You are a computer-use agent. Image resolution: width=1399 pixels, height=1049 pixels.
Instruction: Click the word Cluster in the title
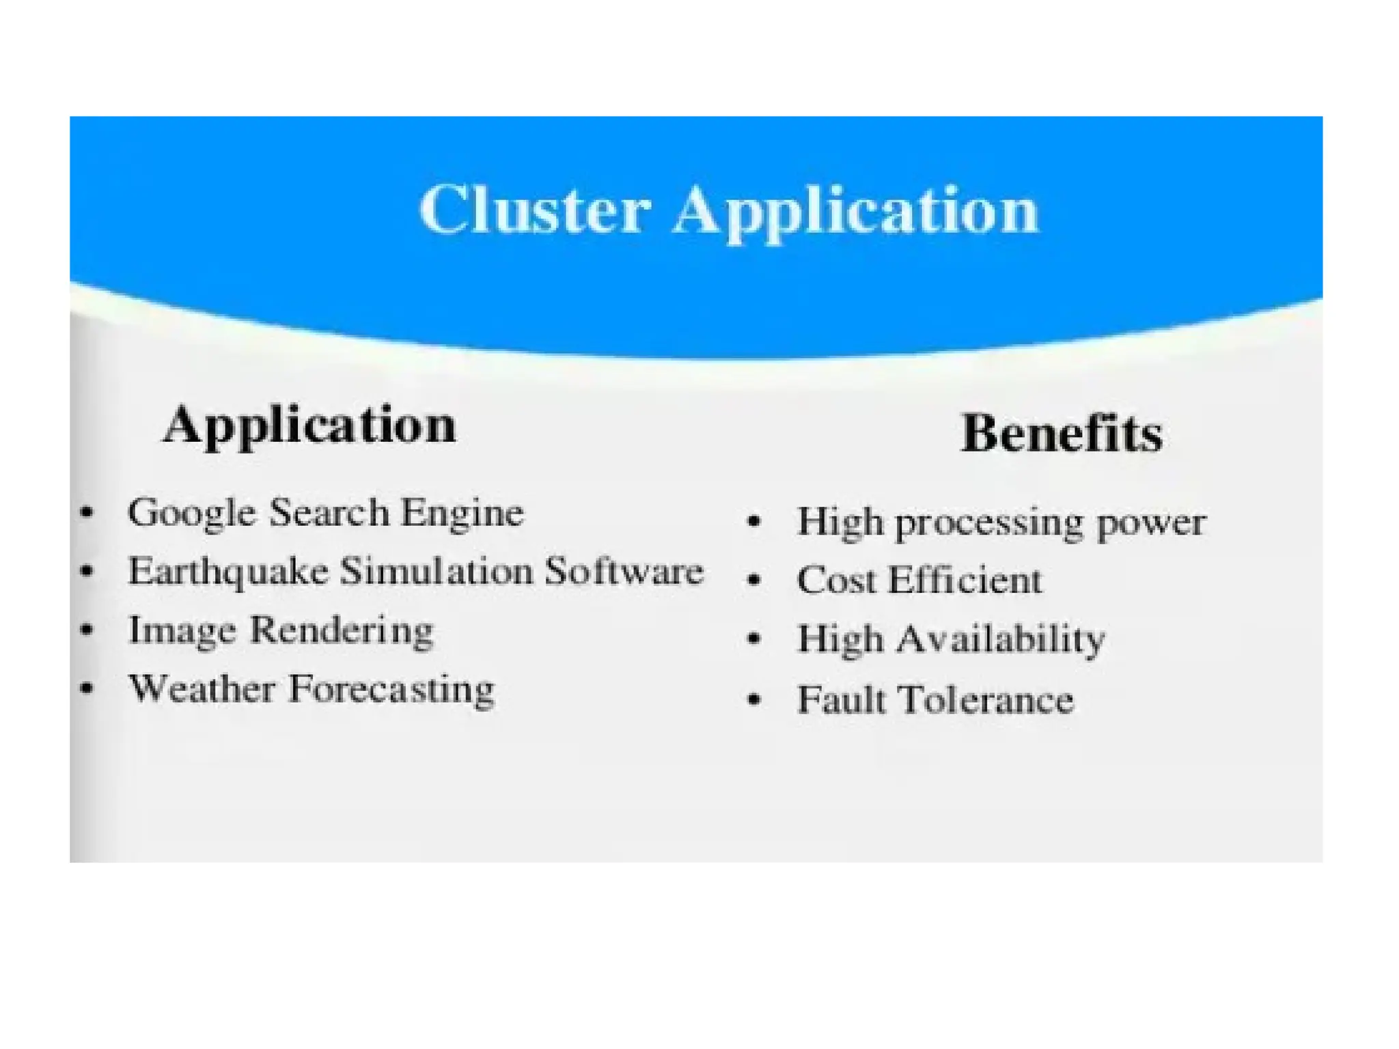click(x=534, y=209)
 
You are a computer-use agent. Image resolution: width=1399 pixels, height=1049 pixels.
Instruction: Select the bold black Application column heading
click(x=309, y=425)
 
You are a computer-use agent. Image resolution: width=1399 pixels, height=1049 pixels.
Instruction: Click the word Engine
click(x=462, y=512)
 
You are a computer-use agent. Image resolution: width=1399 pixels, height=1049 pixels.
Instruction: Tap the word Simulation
click(x=437, y=571)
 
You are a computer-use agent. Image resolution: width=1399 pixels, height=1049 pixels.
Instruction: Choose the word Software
click(x=624, y=571)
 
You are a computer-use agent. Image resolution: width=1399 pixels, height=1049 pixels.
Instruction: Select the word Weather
click(x=202, y=688)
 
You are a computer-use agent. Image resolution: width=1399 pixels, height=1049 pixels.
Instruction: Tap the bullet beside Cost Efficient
click(x=754, y=581)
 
